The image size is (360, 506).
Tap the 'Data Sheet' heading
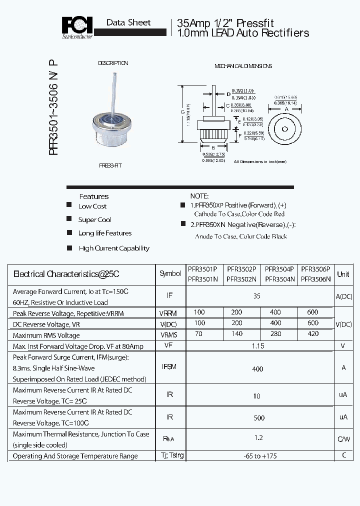click(x=128, y=22)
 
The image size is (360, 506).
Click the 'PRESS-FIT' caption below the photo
click(x=109, y=165)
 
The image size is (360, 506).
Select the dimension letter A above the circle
click(x=286, y=108)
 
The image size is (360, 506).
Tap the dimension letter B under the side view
click(x=213, y=147)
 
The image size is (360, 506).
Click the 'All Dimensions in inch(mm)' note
click(x=260, y=161)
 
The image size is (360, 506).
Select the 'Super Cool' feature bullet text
click(x=94, y=220)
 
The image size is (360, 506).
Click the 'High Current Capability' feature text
click(x=114, y=248)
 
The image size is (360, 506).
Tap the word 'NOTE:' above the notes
click(x=199, y=196)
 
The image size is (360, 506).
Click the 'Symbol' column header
click(x=170, y=274)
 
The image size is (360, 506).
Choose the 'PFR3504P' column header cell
click(x=279, y=268)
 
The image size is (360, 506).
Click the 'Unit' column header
click(x=343, y=274)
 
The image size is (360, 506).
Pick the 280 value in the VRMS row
click(x=275, y=334)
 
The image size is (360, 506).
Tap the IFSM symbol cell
click(x=169, y=367)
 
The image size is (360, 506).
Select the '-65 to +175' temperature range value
click(x=258, y=456)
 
